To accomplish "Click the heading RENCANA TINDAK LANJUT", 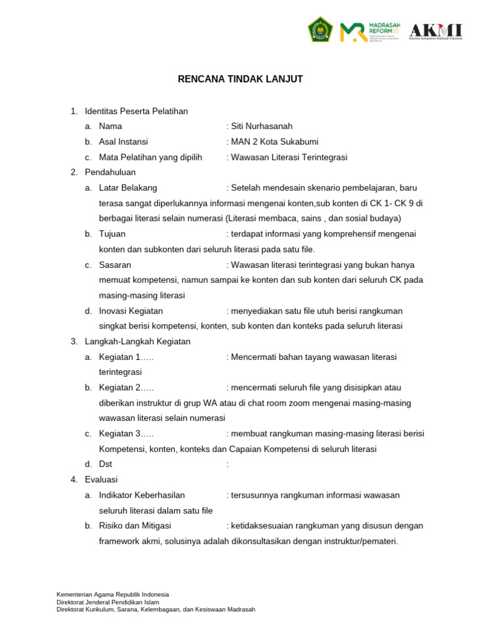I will [x=240, y=79].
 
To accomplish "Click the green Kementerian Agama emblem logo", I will [x=319, y=30].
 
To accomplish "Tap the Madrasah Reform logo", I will [x=370, y=31].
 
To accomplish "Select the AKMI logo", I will [x=435, y=30].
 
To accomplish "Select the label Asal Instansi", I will [x=123, y=142].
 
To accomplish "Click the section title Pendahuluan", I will [x=110, y=172].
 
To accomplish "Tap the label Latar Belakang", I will [x=128, y=187].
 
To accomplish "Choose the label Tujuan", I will [x=112, y=234].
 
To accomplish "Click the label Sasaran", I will [x=115, y=265].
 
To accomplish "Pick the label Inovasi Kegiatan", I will [x=131, y=311].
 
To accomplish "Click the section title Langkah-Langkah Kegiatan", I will [x=138, y=342].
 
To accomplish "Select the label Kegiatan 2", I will [x=126, y=387].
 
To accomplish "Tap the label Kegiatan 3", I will [x=126, y=434].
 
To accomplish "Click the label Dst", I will [x=105, y=465].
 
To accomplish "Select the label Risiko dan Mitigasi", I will [x=135, y=526].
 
